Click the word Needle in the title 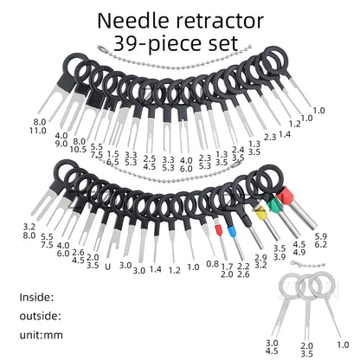click(x=133, y=21)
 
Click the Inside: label click(x=36, y=297)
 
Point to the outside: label click(x=41, y=316)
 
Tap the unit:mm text click(x=42, y=335)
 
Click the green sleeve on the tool click(x=273, y=205)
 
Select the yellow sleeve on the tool click(x=260, y=214)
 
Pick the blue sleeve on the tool click(x=232, y=231)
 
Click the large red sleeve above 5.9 click(x=284, y=195)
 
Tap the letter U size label click(x=107, y=267)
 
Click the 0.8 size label click(x=212, y=264)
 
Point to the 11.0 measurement click(x=37, y=131)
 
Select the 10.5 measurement click(x=78, y=150)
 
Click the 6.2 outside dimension click(x=320, y=245)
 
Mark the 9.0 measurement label click(x=61, y=144)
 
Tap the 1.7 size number click(x=227, y=267)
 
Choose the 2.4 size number click(x=238, y=150)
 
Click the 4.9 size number click(x=299, y=252)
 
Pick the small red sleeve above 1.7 click(x=219, y=230)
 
